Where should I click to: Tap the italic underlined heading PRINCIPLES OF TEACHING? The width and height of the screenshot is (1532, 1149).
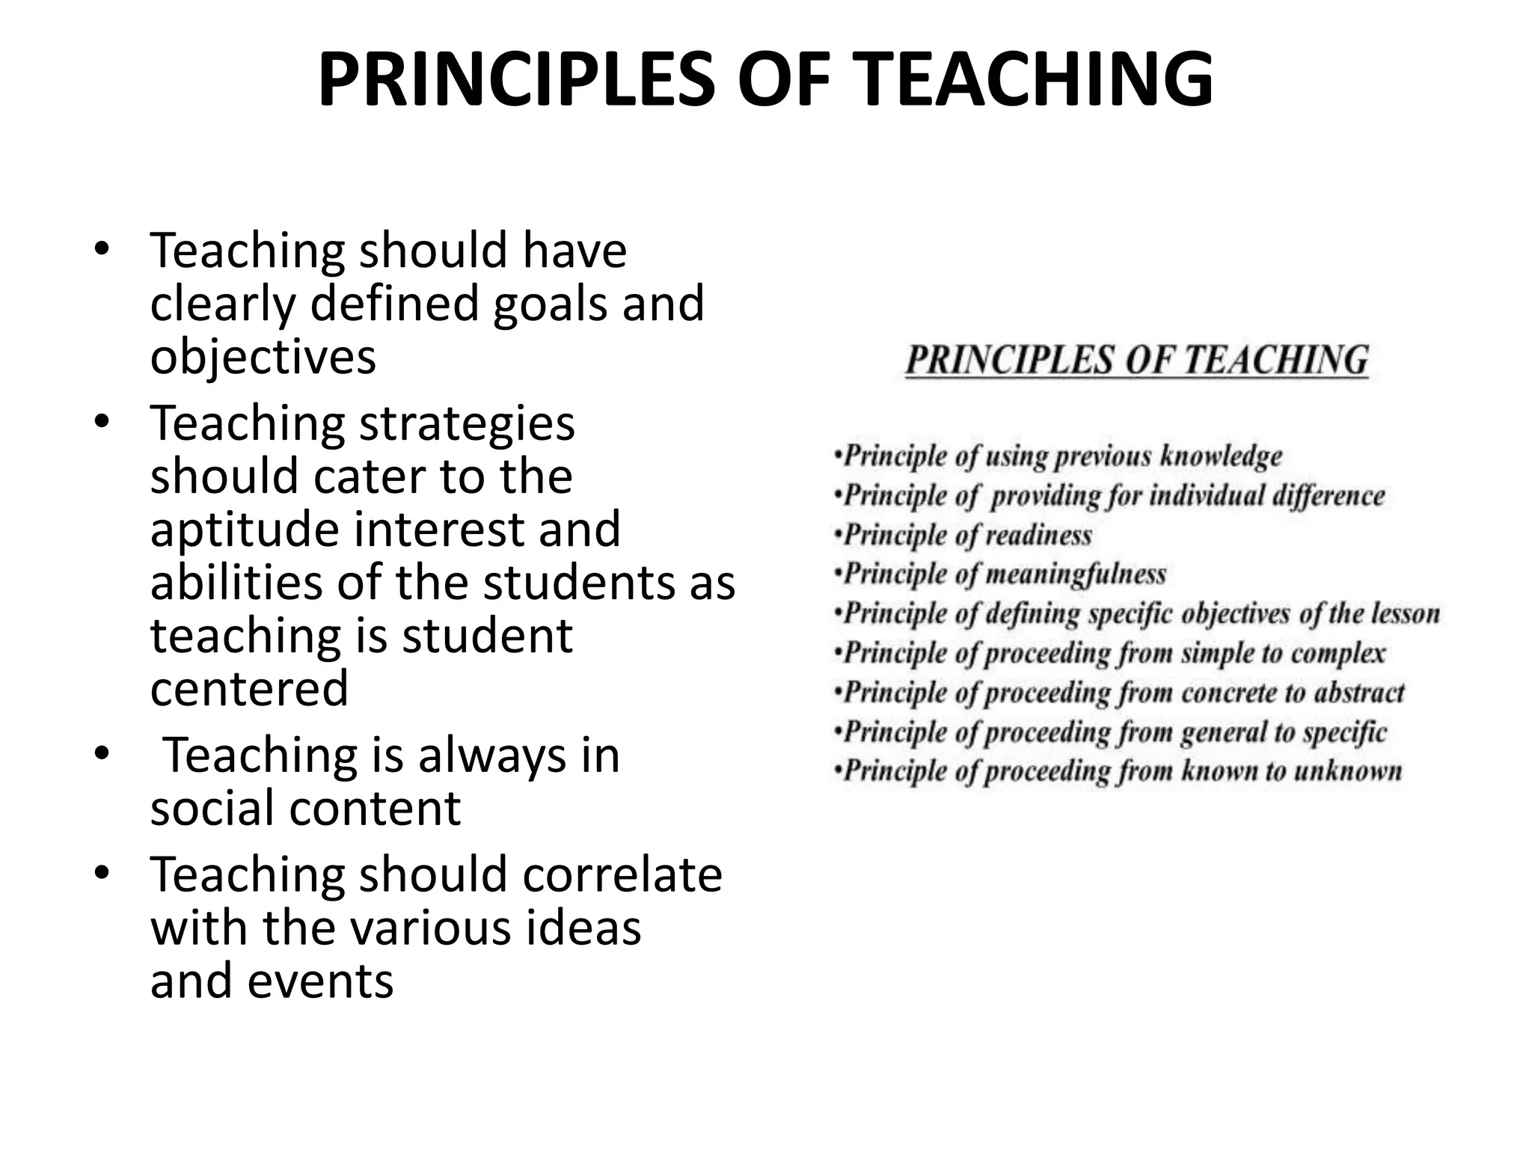1137,361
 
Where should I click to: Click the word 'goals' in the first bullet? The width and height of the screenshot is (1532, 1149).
550,304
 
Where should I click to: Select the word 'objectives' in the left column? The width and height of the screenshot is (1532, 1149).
263,357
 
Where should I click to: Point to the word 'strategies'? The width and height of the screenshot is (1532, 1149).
467,423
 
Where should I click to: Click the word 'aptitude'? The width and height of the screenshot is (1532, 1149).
243,529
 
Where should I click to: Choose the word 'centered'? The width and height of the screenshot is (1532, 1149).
249,688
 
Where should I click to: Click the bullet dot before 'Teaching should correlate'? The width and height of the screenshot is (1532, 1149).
102,873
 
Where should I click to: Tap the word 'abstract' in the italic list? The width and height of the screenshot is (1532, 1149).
1358,693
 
